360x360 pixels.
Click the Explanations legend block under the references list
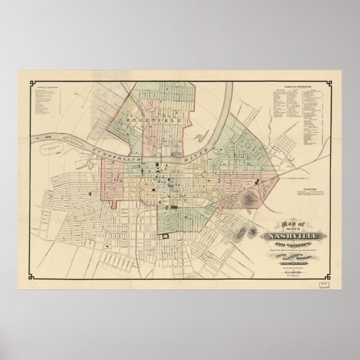pos(314,192)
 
